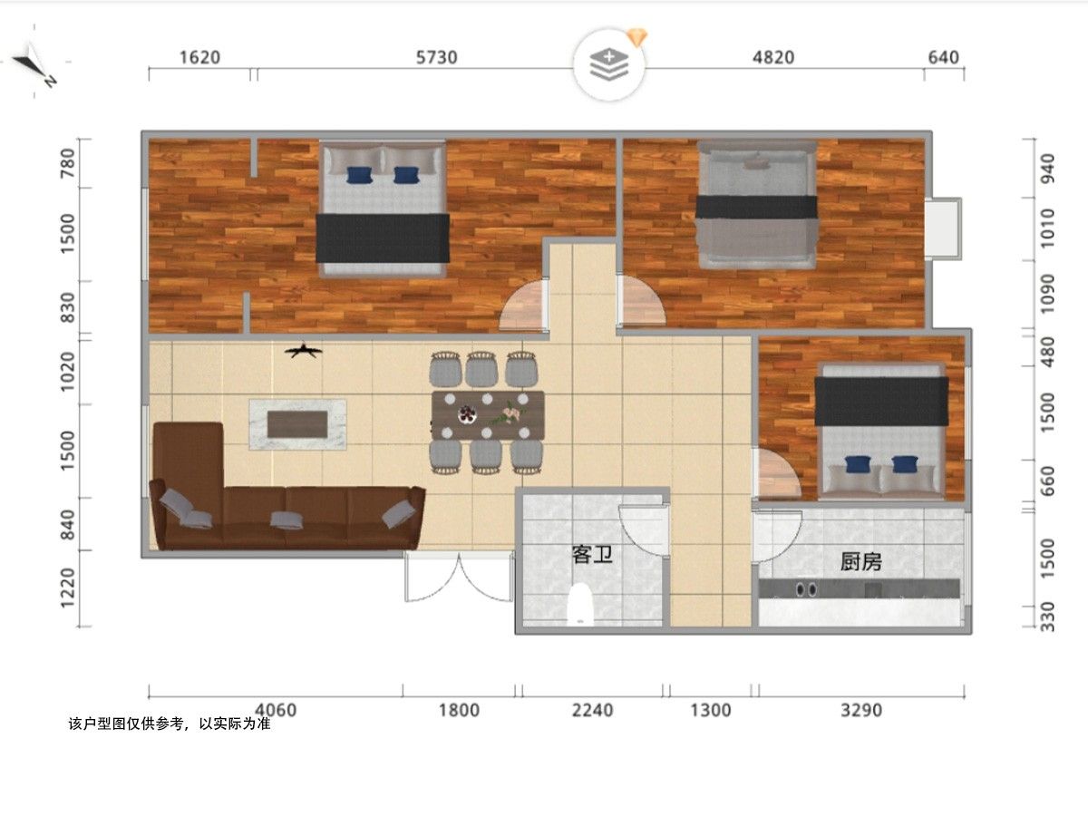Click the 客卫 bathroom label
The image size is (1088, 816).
coord(592,554)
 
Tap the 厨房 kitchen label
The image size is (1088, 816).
coord(861,562)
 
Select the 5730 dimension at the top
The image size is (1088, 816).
coord(436,57)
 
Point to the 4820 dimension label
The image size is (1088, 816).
coord(773,57)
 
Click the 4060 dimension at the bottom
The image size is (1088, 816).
coord(276,710)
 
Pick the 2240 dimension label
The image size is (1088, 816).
coord(592,710)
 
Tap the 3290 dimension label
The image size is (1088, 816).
coord(861,710)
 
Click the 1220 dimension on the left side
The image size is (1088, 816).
coord(67,588)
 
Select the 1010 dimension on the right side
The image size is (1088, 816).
coord(1047,228)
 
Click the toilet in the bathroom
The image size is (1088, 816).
coord(580,605)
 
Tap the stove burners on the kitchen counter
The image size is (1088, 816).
coord(806,589)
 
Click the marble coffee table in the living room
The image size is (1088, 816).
coord(297,424)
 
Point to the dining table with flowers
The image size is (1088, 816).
coord(488,415)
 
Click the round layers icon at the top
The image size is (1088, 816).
coord(609,65)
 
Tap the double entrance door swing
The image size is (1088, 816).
coord(459,579)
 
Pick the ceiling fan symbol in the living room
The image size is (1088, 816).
coord(304,351)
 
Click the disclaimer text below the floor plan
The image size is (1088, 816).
coord(169,724)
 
